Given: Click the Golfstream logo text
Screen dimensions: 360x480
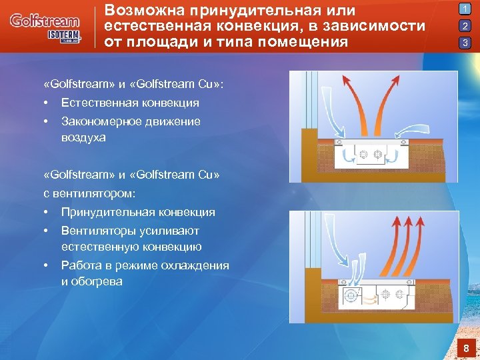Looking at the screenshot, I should [44, 21].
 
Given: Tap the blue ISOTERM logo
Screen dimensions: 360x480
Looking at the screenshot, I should [63, 35].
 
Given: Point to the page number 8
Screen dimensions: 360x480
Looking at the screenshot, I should [467, 348].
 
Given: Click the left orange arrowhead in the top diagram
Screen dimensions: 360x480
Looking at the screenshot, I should [349, 81].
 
